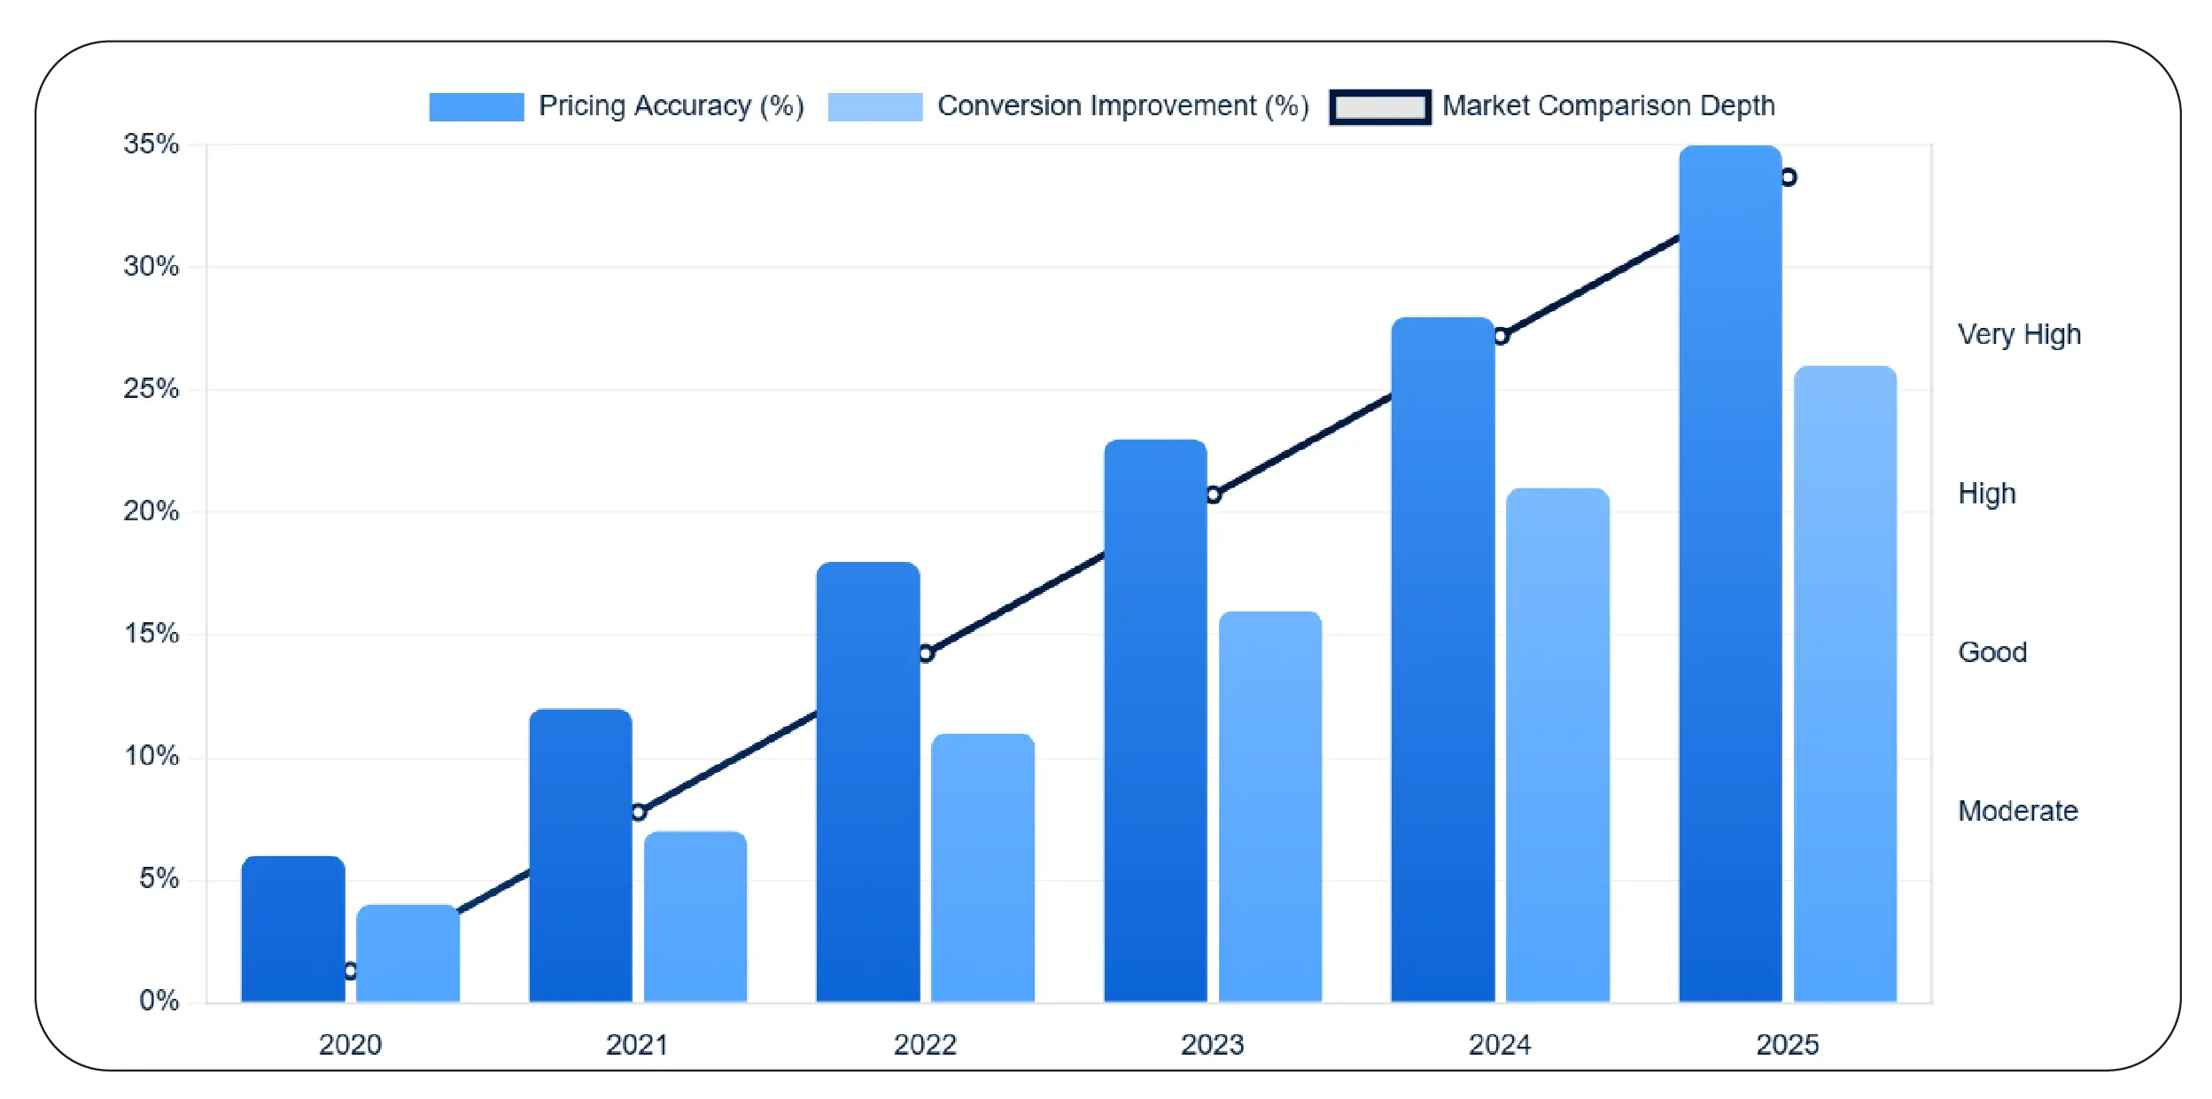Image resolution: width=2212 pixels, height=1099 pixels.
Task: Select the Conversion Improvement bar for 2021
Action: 695,916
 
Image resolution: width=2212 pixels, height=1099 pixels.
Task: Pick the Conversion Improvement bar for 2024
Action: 1556,744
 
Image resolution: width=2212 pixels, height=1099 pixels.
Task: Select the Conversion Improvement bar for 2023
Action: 1269,807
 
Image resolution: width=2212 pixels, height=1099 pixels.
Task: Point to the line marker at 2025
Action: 1788,177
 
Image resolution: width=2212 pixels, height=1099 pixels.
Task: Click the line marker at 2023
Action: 1213,495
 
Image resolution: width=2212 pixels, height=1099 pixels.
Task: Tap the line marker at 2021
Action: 638,812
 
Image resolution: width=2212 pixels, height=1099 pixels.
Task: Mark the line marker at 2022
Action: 925,653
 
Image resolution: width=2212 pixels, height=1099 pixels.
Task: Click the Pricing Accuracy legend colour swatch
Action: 476,106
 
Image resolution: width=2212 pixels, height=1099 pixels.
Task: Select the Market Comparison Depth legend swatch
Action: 1379,106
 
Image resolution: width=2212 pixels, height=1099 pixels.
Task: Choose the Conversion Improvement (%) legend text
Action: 1122,106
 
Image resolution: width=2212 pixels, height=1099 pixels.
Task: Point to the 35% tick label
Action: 151,144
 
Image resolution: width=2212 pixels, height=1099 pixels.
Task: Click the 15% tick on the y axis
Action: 151,634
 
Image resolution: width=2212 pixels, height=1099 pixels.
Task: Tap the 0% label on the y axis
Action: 159,1001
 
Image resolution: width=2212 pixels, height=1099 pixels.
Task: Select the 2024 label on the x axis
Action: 1499,1044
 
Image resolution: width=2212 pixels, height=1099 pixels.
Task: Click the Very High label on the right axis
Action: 2018,334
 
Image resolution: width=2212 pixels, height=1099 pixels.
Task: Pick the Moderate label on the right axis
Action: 2017,810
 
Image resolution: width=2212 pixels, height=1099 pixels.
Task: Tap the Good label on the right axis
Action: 1991,651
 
